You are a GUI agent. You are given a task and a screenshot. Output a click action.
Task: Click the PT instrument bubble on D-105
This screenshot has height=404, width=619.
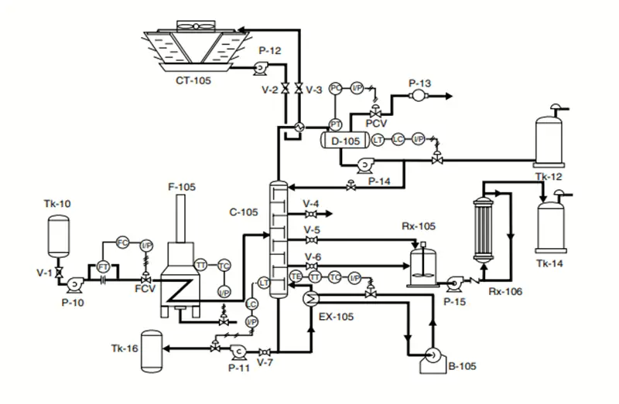(x=336, y=124)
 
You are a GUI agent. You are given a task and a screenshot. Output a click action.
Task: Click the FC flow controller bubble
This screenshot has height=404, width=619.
(x=122, y=243)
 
